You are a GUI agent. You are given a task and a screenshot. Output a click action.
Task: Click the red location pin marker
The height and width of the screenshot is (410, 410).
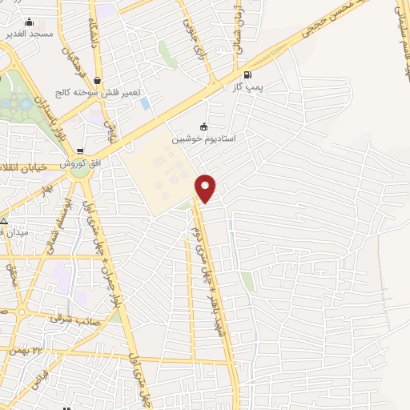pyautogui.click(x=206, y=187)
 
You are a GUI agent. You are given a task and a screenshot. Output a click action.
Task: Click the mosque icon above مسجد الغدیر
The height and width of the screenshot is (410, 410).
pyautogui.click(x=30, y=22)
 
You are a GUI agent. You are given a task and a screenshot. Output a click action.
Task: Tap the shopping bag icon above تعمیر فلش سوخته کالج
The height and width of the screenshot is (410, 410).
pyautogui.click(x=97, y=79)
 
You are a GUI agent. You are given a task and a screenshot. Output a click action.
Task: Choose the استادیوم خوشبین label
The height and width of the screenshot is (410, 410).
pyautogui.click(x=203, y=139)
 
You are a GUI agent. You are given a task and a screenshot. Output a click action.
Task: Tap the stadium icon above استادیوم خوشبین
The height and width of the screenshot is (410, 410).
pyautogui.click(x=203, y=126)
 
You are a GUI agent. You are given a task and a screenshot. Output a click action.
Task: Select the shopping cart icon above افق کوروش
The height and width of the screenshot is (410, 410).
pyautogui.click(x=79, y=151)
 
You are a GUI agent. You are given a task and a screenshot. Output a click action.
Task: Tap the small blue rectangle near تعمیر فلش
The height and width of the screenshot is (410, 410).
pyautogui.click(x=144, y=103)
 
